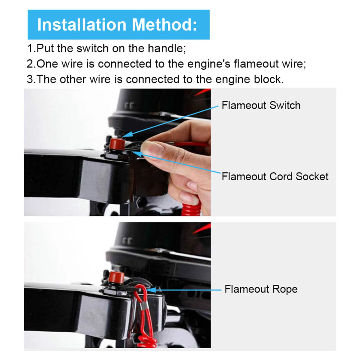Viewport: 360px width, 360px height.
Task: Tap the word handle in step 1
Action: [x=166, y=48]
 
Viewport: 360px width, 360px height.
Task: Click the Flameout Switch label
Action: [x=261, y=105]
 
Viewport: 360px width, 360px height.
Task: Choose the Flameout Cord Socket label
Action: [x=275, y=176]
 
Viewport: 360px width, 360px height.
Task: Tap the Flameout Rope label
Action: [x=261, y=289]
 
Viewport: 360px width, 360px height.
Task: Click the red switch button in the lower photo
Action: [x=116, y=277]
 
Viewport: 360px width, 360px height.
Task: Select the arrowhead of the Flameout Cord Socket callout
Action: [x=137, y=154]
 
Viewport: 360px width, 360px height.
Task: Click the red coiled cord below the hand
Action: [x=191, y=208]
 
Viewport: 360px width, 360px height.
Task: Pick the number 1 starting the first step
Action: [x=30, y=48]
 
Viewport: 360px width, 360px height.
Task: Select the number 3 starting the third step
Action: [x=30, y=79]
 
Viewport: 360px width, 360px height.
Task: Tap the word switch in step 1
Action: [x=92, y=48]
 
